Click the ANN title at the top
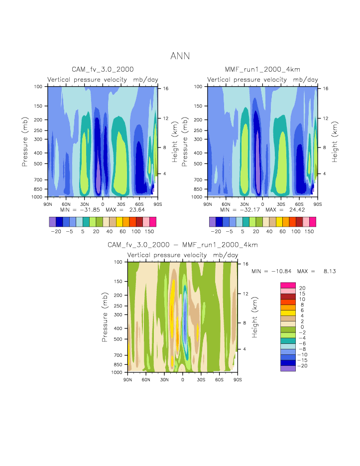point(180,56)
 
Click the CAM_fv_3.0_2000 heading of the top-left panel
point(103,69)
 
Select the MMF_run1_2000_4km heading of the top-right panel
point(262,69)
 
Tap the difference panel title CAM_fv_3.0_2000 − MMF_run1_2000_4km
point(183,245)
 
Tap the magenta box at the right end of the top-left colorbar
point(153,222)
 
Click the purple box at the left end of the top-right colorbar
point(213,222)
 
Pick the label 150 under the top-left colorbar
point(149,232)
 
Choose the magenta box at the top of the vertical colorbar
point(288,285)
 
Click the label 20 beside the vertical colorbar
point(302,288)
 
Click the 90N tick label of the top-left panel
point(48,204)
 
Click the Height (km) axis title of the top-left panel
point(175,142)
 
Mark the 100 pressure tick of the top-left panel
point(38,87)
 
